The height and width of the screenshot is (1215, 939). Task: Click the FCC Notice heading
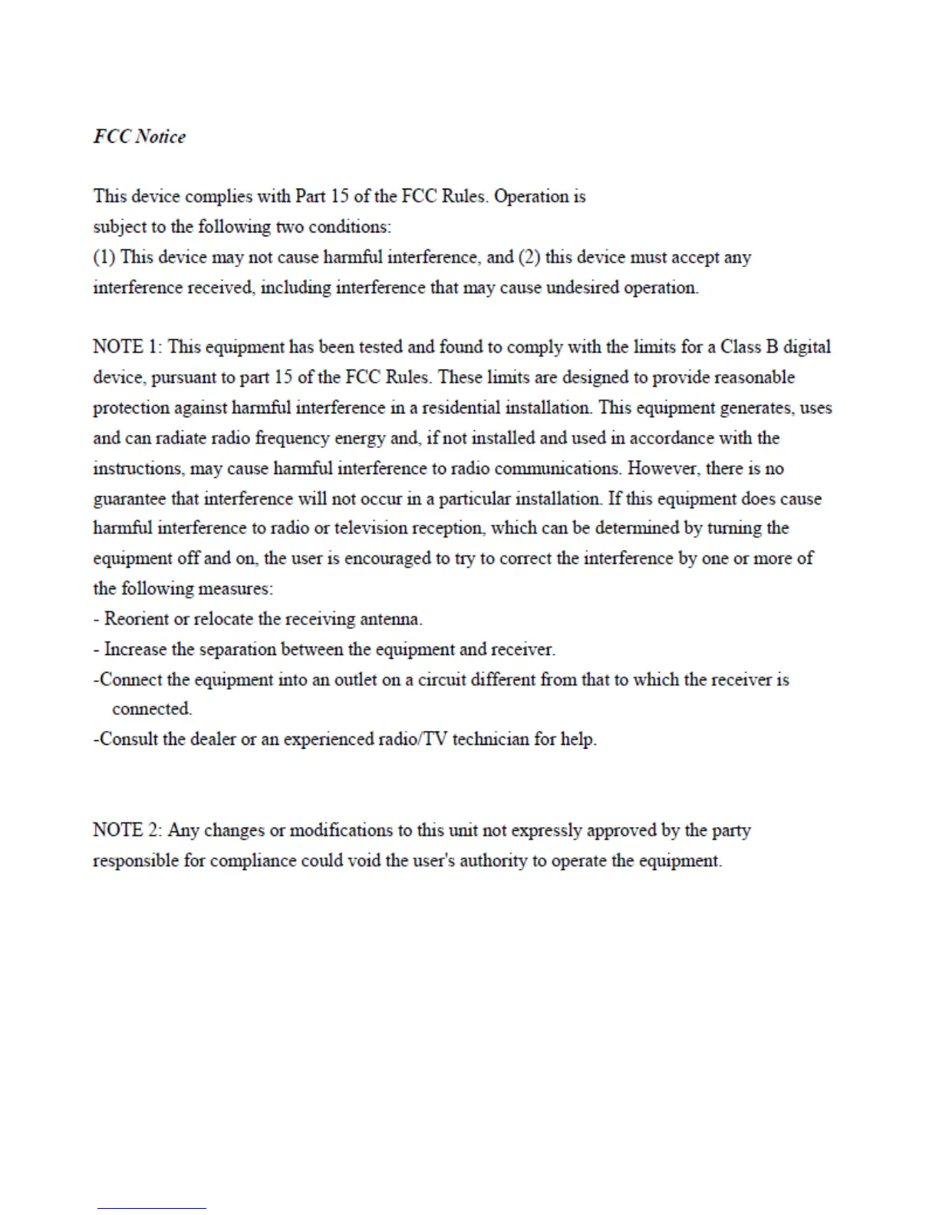(140, 137)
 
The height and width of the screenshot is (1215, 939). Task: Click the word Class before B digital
(740, 347)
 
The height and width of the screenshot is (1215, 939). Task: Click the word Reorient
(136, 619)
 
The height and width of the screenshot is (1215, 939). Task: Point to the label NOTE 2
(127, 830)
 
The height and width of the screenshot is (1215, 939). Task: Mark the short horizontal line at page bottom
(152, 1208)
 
